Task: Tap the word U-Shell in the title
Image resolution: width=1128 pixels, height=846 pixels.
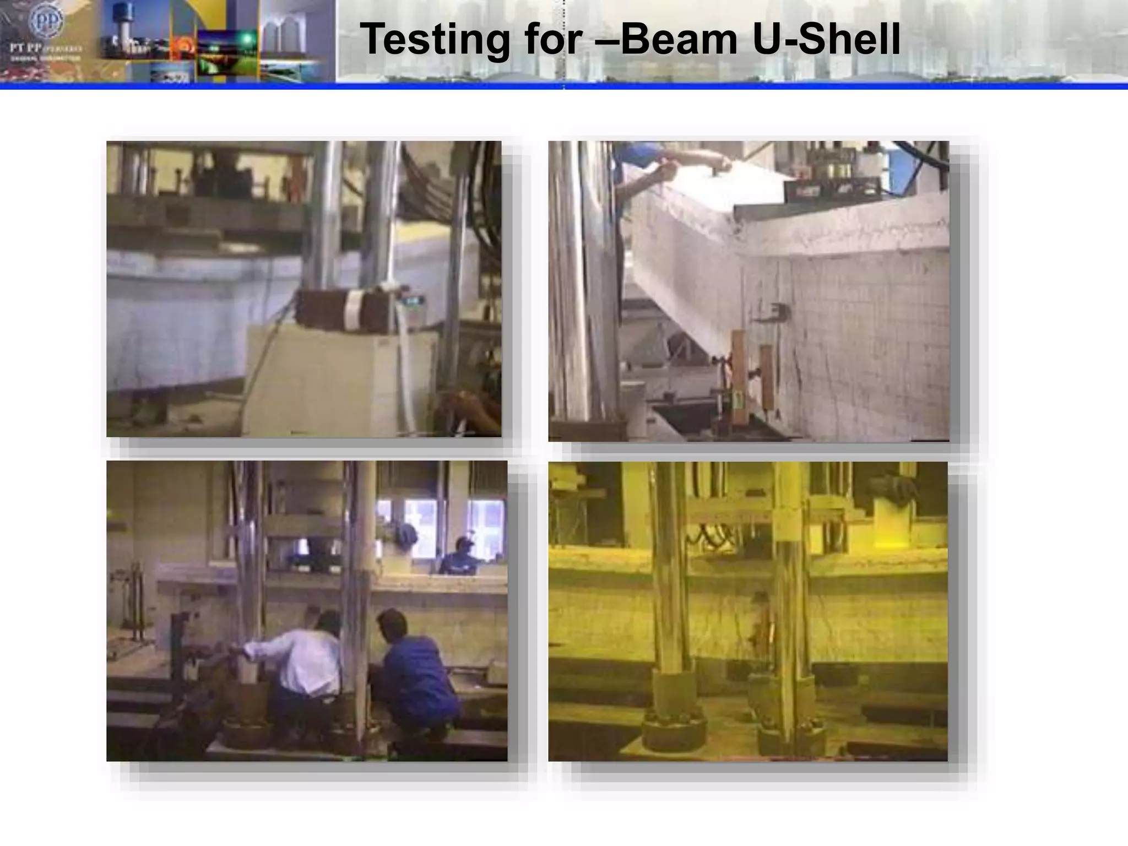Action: tap(826, 40)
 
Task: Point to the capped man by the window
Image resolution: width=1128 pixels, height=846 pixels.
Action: tap(462, 556)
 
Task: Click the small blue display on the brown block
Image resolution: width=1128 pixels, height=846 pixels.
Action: tap(414, 301)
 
